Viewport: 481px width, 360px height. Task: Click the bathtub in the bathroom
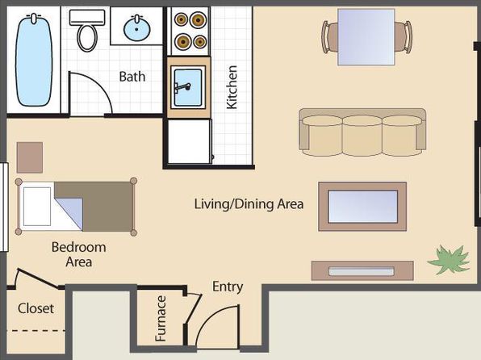pos(34,61)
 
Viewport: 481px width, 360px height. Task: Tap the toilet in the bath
pos(87,30)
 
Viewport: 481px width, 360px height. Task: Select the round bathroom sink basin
pos(137,29)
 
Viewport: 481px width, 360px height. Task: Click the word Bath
pos(132,77)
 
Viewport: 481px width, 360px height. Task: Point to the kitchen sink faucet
pos(182,87)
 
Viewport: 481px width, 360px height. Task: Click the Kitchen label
pos(232,87)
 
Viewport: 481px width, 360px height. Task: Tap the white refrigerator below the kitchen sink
pos(190,141)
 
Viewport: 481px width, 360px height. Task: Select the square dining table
pos(366,37)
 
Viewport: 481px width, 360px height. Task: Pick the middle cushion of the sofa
pos(362,135)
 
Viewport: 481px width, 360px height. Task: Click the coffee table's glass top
pos(362,207)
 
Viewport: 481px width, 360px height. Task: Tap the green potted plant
pos(449,260)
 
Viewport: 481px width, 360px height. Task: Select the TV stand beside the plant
pos(362,270)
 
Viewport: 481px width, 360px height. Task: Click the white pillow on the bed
pos(37,207)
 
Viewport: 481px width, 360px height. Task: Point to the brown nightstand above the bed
pos(30,157)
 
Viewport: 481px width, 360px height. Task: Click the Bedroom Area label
pos(78,254)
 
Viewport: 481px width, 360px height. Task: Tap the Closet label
pos(36,308)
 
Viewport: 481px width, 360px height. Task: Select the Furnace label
pos(161,319)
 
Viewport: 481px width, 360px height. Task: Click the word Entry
pos(228,287)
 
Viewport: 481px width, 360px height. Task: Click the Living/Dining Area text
pos(249,204)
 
